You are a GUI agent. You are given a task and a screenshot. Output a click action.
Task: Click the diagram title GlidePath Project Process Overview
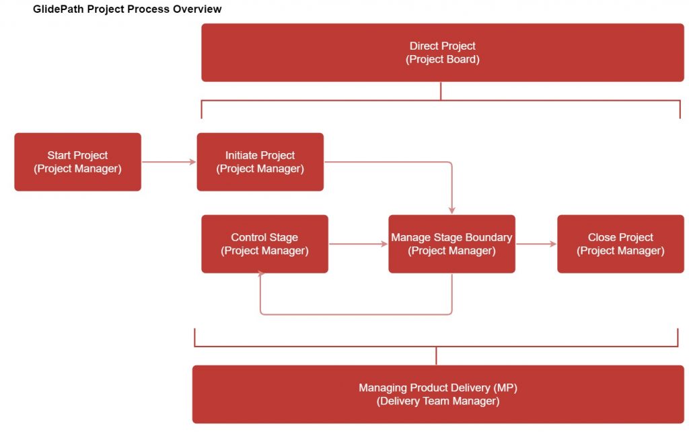pos(127,9)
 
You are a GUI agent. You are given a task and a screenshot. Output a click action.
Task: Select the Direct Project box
pos(442,52)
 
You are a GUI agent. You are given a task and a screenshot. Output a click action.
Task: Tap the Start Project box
pos(77,162)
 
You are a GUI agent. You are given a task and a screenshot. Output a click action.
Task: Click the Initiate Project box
pos(260,162)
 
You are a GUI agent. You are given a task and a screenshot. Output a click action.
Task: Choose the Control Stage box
pos(264,244)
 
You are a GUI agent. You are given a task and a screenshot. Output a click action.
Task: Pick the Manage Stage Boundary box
pos(451,244)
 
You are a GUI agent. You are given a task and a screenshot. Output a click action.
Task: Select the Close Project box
pos(620,244)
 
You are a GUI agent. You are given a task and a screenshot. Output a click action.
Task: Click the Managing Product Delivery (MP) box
pos(437,394)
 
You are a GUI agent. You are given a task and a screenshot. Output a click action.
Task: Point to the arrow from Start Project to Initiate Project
pos(168,162)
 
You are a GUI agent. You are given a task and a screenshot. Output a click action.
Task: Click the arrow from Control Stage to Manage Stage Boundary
pos(358,244)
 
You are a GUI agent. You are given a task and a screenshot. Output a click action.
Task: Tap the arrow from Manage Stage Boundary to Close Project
pos(536,244)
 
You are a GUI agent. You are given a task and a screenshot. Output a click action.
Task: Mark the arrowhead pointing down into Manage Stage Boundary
pos(452,210)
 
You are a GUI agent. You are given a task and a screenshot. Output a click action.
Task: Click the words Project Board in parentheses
pos(442,60)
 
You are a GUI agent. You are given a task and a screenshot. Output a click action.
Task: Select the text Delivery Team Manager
pos(437,402)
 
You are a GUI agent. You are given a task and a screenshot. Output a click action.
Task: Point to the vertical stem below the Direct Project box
pos(441,91)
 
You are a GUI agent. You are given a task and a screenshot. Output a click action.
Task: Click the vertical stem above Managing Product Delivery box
pos(436,356)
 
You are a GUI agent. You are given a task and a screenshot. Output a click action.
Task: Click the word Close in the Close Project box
pos(602,237)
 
